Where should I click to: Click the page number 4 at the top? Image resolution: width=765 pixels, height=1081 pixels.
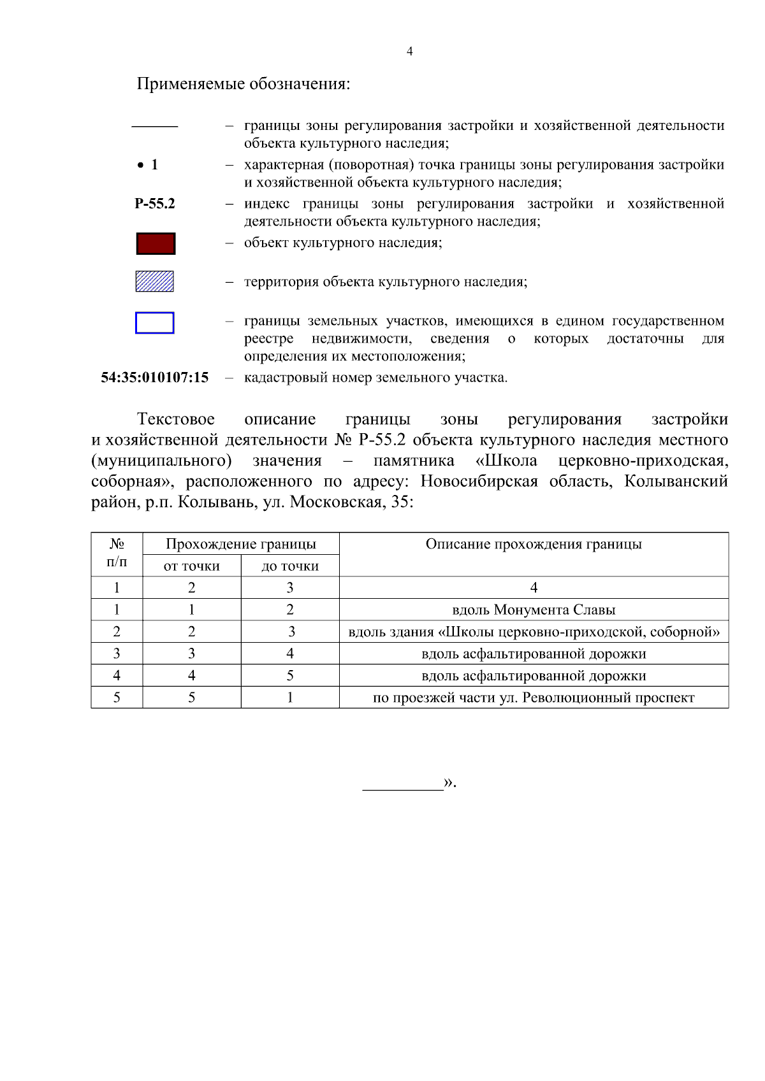[409, 52]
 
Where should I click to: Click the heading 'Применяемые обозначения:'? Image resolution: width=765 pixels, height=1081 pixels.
[244, 84]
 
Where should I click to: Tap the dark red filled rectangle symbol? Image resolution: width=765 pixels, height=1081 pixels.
[156, 244]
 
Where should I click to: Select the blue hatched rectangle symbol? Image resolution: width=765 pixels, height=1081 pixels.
[155, 282]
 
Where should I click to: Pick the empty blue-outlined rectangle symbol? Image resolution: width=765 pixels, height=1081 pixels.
[155, 323]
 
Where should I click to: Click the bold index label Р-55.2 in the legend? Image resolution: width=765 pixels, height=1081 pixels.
[155, 204]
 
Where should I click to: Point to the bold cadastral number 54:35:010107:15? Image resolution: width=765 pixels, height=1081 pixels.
[155, 378]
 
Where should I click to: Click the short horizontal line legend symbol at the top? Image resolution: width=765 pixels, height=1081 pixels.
[155, 127]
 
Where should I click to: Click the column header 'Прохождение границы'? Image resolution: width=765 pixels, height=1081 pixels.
[241, 544]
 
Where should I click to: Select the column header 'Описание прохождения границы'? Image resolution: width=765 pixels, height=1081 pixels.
[534, 544]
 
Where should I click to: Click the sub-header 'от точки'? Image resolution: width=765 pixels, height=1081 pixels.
[192, 566]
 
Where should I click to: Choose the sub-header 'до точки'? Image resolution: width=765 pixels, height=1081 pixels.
[290, 566]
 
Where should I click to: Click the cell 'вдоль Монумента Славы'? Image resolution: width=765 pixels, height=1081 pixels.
[534, 610]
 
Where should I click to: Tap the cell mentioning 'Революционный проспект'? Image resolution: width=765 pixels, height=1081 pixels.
[534, 698]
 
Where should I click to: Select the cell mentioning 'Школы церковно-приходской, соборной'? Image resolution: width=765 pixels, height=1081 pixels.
[534, 632]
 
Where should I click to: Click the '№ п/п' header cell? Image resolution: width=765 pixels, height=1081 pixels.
[117, 553]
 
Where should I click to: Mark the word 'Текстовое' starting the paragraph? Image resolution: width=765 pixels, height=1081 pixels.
[176, 419]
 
